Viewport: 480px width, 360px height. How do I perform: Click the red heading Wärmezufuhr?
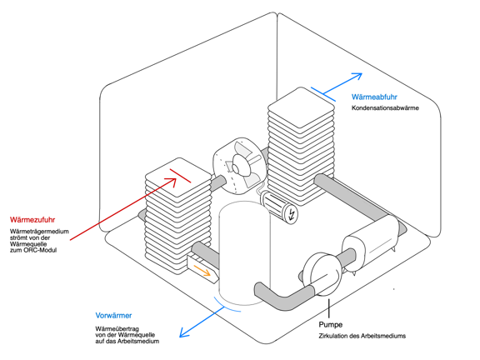(32, 220)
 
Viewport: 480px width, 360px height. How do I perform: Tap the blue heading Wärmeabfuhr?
(374, 97)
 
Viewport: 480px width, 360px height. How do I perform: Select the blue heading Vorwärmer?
(113, 316)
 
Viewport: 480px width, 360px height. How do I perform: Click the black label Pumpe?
(331, 324)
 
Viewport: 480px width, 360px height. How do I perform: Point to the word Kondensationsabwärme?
(385, 108)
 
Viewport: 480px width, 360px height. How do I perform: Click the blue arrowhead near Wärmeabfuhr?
(358, 76)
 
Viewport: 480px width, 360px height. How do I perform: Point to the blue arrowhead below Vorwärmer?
(182, 333)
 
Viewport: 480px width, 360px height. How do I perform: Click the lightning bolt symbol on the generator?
(292, 214)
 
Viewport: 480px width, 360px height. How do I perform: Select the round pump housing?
(322, 274)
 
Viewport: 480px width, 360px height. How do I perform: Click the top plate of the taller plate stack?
(301, 107)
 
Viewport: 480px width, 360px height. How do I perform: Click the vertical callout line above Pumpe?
(329, 308)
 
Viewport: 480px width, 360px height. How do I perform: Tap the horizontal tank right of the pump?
(371, 242)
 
